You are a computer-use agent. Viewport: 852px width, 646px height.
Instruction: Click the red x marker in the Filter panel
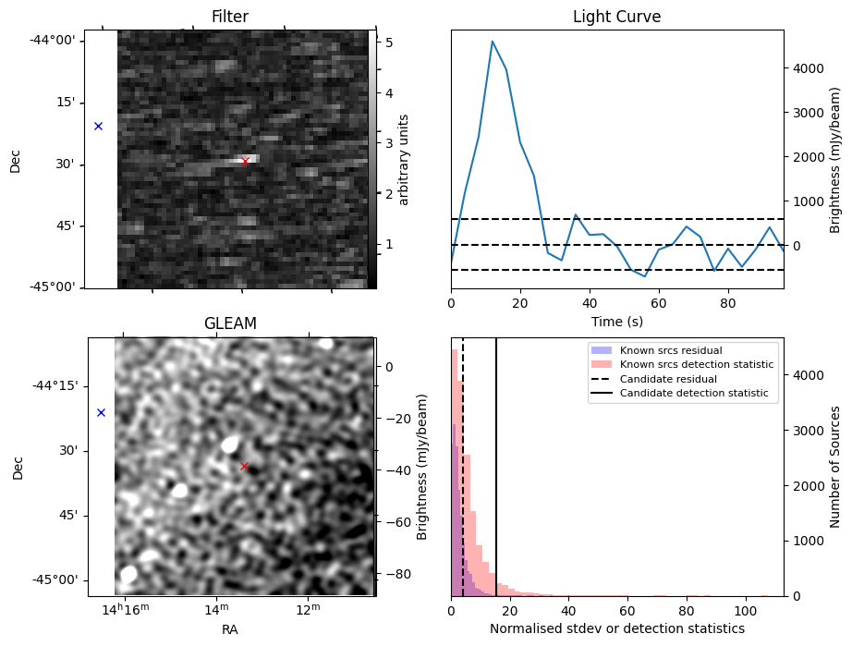[245, 161]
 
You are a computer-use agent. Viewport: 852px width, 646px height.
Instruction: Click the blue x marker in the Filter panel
[98, 126]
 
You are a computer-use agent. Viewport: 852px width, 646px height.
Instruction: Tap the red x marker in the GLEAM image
[244, 466]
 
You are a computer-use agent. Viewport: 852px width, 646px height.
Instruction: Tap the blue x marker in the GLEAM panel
[101, 412]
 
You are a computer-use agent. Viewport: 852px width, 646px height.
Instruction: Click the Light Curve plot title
[616, 17]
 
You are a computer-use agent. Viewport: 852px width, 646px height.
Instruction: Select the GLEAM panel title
[230, 323]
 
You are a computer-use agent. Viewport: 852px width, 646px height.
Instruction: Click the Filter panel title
[229, 17]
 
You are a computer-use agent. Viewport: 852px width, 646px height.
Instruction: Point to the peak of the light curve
[493, 42]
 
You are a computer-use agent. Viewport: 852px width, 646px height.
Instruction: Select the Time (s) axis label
[616, 322]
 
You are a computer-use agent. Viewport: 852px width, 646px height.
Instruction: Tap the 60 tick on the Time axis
[658, 302]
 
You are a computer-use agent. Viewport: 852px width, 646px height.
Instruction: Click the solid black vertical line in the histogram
[496, 481]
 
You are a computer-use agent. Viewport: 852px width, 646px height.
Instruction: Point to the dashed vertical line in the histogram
[463, 481]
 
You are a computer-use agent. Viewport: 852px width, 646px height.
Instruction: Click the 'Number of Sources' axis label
[835, 467]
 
